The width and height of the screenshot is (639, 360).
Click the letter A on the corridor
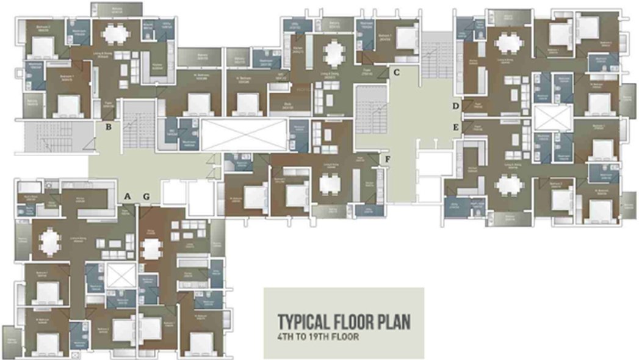point(128,196)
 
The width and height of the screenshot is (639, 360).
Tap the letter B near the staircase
point(108,128)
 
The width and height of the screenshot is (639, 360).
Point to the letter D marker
point(455,107)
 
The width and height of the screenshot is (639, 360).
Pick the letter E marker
point(455,127)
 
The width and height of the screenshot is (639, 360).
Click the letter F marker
point(387,160)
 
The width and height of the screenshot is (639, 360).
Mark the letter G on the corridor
point(146,196)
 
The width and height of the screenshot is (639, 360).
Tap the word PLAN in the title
point(391,322)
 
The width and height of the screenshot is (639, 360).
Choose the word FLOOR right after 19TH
point(343,336)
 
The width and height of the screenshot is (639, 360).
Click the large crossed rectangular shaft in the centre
point(244,134)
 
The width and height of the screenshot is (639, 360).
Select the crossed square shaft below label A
point(119,276)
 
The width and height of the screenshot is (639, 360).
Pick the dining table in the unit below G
point(151,249)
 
